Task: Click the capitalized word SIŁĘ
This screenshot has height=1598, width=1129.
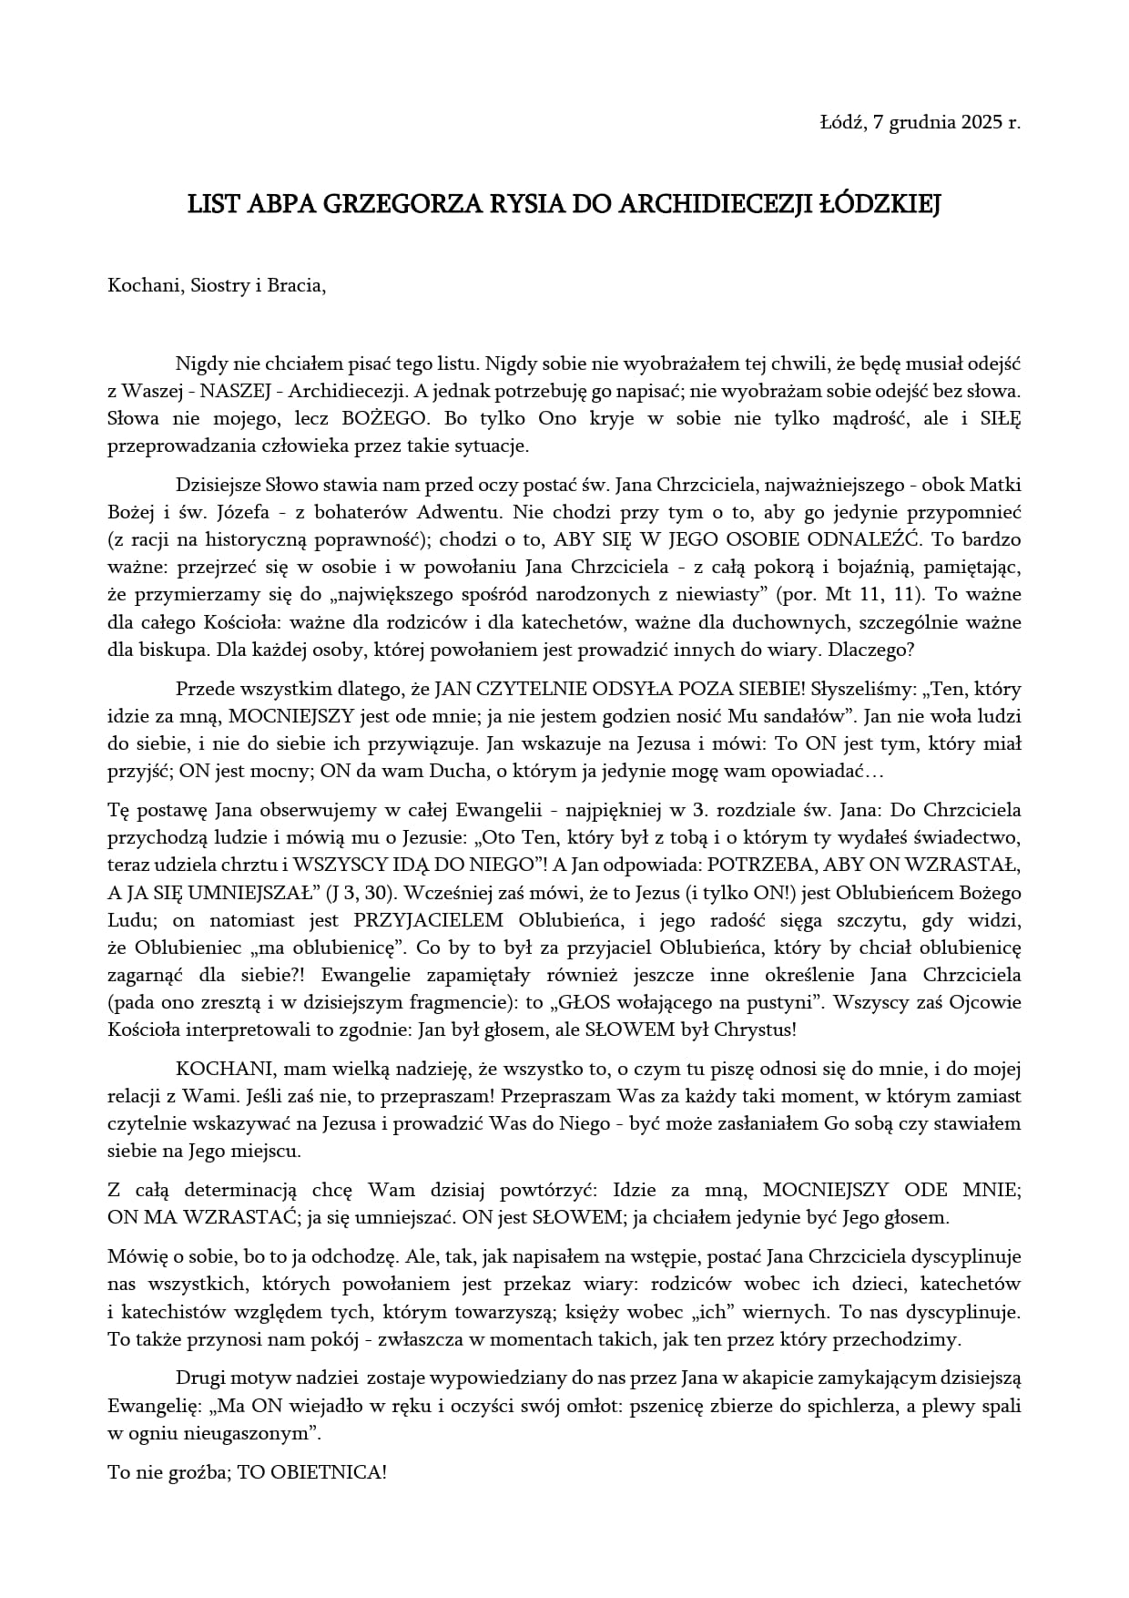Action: (x=1000, y=419)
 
